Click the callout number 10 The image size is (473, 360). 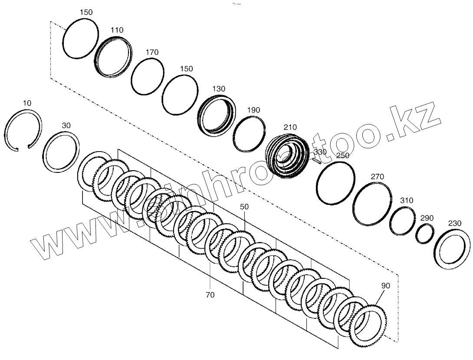(x=27, y=103)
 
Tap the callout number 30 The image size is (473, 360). (x=66, y=126)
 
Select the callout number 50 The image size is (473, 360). (x=244, y=207)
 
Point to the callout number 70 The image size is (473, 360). (x=210, y=295)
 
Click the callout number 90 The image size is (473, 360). (x=385, y=286)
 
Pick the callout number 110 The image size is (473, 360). (x=117, y=30)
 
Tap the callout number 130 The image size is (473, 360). (x=219, y=89)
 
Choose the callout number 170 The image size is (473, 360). (x=152, y=52)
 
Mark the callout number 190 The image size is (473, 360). (x=253, y=110)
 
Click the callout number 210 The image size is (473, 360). (x=290, y=127)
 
